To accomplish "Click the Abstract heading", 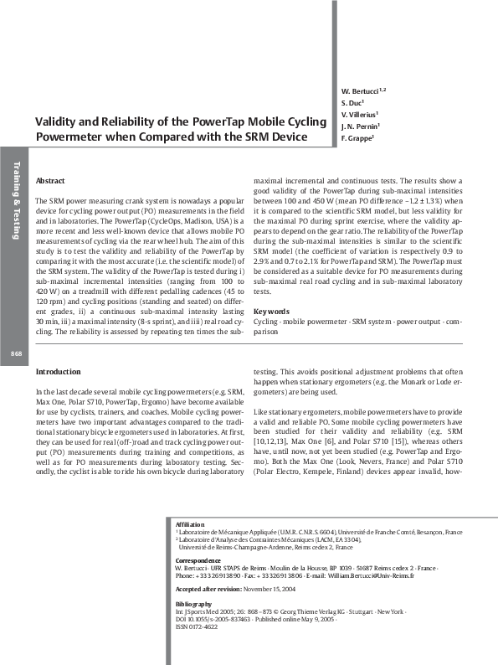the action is pyautogui.click(x=51, y=182).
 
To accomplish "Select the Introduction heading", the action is pyautogui.click(x=58, y=371).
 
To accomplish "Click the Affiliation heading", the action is pyautogui.click(x=189, y=523).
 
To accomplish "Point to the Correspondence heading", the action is pyautogui.click(x=198, y=559).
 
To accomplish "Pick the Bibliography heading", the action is pyautogui.click(x=193, y=603).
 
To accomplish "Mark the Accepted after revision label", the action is pyautogui.click(x=208, y=590).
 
